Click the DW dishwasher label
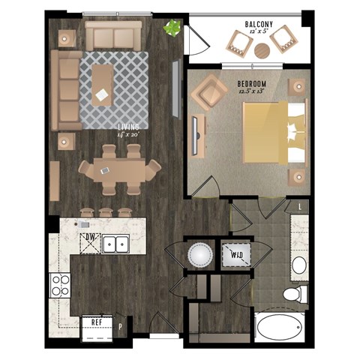(x=90, y=238)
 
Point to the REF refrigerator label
(x=97, y=321)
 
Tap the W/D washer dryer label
(x=236, y=256)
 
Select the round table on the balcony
(x=262, y=52)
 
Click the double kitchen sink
(x=115, y=244)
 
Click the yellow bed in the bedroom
(x=271, y=133)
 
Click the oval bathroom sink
(x=300, y=265)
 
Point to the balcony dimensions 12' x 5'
(x=258, y=33)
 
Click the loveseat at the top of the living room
(x=113, y=34)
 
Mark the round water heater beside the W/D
(x=199, y=256)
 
